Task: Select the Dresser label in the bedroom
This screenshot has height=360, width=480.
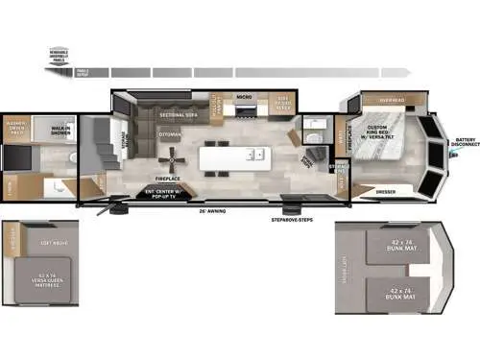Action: (384, 191)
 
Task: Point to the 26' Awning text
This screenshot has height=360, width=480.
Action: (210, 209)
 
